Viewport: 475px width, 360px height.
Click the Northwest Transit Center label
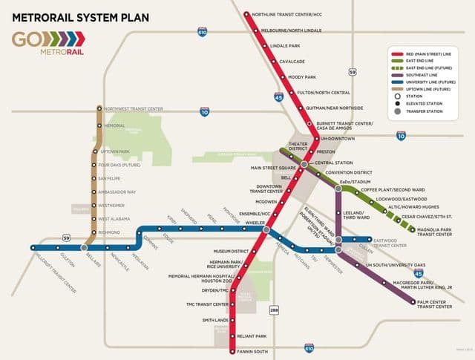click(133, 109)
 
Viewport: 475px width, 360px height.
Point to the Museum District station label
click(233, 252)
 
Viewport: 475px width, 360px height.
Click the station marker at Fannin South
click(232, 349)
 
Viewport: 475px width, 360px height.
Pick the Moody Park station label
click(302, 77)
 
